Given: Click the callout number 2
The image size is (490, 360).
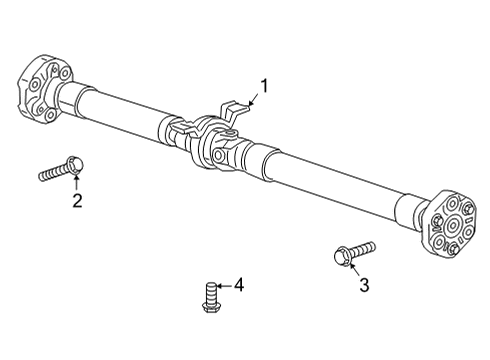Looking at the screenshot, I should click(x=76, y=202).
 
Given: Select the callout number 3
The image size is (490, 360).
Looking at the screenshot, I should click(x=363, y=286).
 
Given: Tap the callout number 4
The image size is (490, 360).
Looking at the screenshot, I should click(x=238, y=286).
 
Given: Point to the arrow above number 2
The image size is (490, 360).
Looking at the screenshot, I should click(x=76, y=182).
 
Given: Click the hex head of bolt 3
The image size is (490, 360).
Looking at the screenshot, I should click(x=340, y=256).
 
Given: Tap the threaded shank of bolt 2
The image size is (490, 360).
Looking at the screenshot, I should click(x=52, y=173).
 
